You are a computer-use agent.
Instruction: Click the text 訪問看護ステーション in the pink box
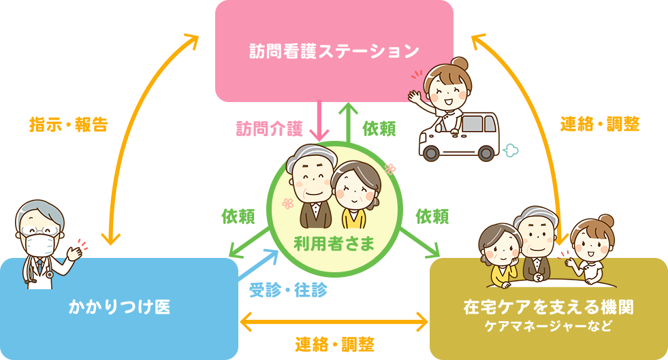click(x=333, y=51)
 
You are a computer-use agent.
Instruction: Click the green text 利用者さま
click(x=334, y=243)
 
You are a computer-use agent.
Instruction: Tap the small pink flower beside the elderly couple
click(x=287, y=203)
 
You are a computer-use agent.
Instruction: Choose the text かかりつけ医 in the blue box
click(x=119, y=307)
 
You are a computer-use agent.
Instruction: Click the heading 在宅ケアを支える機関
click(x=548, y=308)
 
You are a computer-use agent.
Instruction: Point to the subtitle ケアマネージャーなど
click(x=548, y=326)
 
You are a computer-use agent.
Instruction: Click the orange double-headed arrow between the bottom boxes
click(x=334, y=320)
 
